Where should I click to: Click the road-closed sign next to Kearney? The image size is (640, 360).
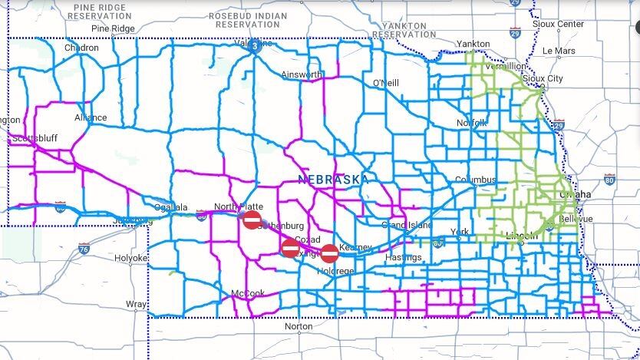coord(329,253)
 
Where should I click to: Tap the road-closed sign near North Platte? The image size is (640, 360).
coord(252,220)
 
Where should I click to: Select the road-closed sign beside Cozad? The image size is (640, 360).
coord(290,248)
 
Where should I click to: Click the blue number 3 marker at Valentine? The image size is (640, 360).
coord(255,45)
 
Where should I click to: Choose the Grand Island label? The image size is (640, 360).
coord(407,225)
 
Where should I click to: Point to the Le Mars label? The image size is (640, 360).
coord(559,51)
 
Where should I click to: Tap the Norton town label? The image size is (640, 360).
coord(299,326)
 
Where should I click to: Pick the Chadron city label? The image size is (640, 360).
coord(81,48)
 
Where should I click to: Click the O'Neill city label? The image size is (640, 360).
coord(386,82)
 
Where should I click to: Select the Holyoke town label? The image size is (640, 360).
coord(131,258)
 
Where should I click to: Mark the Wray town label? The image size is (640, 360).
coord(137,304)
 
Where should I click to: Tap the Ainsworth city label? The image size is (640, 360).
coord(302,74)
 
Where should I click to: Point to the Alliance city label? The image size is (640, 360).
coord(91,118)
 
